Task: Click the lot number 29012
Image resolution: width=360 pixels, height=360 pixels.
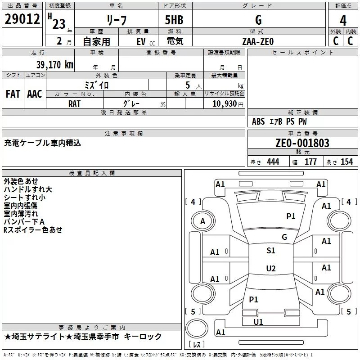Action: click(x=22, y=19)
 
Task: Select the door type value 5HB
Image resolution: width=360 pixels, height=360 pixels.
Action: click(x=175, y=20)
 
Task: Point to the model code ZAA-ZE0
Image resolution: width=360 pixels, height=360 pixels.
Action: click(x=258, y=41)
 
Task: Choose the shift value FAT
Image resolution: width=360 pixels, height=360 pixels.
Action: click(x=13, y=94)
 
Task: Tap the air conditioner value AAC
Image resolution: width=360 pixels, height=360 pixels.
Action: click(x=35, y=94)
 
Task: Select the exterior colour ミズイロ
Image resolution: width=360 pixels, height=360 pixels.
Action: click(x=97, y=85)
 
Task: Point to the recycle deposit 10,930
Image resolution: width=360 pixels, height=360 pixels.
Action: click(x=224, y=103)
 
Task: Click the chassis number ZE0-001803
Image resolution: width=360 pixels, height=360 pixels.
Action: click(x=302, y=143)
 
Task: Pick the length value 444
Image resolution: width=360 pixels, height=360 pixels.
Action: click(x=273, y=162)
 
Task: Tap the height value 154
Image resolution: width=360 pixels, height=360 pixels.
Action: click(x=346, y=162)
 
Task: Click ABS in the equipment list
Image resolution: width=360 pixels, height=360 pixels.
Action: click(x=258, y=121)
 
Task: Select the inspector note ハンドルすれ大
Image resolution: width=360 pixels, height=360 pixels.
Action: click(x=28, y=189)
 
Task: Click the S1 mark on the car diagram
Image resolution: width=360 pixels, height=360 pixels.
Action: click(x=270, y=251)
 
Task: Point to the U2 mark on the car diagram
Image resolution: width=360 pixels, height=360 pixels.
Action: click(x=270, y=269)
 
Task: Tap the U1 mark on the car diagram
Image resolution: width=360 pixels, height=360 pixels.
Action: click(x=258, y=322)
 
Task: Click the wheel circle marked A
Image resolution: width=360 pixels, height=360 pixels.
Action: click(x=202, y=221)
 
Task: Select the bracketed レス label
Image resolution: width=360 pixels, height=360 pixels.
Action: click(x=197, y=345)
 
